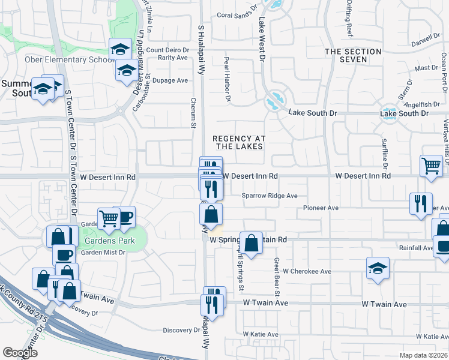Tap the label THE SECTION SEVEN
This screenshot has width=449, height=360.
pyautogui.click(x=353, y=55)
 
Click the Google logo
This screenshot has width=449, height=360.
pyautogui.click(x=20, y=353)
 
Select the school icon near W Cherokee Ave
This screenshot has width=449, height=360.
pyautogui.click(x=378, y=268)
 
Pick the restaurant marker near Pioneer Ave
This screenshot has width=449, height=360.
pyautogui.click(x=421, y=203)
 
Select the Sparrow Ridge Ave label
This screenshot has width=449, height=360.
pyautogui.click(x=270, y=196)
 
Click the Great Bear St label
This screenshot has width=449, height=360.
pyautogui.click(x=277, y=277)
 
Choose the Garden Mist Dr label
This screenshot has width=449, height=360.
pyautogui.click(x=103, y=253)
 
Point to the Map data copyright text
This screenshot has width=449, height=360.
pyautogui.click(x=424, y=355)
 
